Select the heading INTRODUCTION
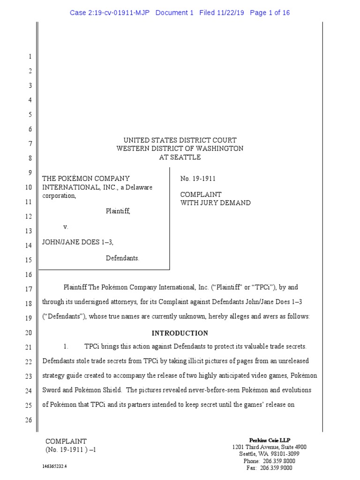point(180,333)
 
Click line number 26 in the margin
point(28,420)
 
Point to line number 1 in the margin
point(30,57)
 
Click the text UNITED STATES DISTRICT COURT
point(180,140)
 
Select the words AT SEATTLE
point(180,157)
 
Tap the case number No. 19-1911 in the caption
point(198,179)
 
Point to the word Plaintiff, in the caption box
point(118,211)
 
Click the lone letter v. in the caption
point(66,227)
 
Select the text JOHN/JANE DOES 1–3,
point(78,242)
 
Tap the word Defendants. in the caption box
point(122,258)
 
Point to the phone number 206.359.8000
point(279,461)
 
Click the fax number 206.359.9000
point(279,468)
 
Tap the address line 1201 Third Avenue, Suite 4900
point(270,447)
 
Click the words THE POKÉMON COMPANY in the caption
point(86,179)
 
